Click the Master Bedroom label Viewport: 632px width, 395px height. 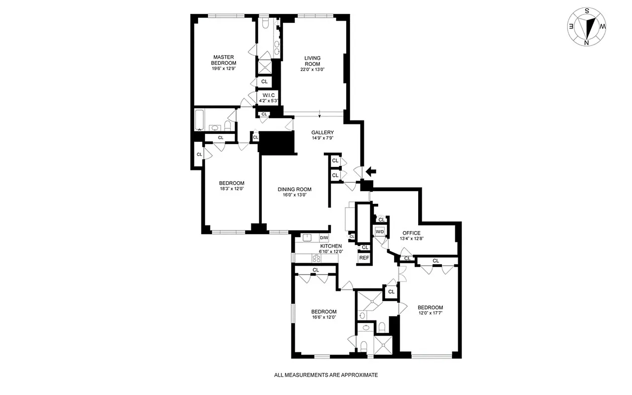pyautogui.click(x=223, y=60)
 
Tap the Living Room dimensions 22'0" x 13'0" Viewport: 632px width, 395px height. pyautogui.click(x=312, y=70)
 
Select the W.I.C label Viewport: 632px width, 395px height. pyautogui.click(x=269, y=95)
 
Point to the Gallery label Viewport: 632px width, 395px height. pyautogui.click(x=322, y=132)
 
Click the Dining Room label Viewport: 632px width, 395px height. pyautogui.click(x=294, y=189)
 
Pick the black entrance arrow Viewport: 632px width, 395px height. pyautogui.click(x=370, y=171)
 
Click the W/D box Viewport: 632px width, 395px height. pyautogui.click(x=380, y=232)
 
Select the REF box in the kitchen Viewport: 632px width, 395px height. pyautogui.click(x=364, y=258)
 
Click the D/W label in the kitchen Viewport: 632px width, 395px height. pyautogui.click(x=324, y=238)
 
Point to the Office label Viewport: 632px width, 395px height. pyautogui.click(x=411, y=233)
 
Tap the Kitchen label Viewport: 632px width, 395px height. pyautogui.click(x=330, y=246)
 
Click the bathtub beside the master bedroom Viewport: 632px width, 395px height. pyautogui.click(x=200, y=120)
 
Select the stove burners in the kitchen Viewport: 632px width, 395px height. pyautogui.click(x=316, y=258)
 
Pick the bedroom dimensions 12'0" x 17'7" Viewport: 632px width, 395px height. pyautogui.click(x=430, y=313)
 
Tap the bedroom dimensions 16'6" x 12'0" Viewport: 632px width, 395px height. pyautogui.click(x=323, y=317)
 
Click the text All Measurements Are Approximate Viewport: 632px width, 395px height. pyautogui.click(x=326, y=375)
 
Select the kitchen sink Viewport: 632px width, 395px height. pyautogui.click(x=307, y=238)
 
